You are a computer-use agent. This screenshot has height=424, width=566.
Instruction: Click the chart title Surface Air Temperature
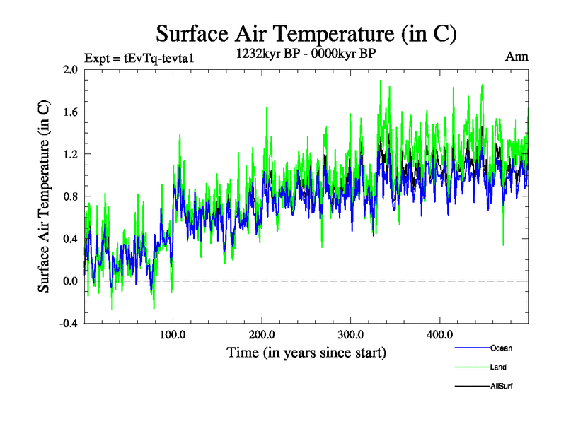pos(306,33)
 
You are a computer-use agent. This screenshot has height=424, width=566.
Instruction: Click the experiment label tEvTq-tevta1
pos(139,57)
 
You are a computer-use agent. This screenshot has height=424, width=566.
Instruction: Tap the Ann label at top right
pos(517,56)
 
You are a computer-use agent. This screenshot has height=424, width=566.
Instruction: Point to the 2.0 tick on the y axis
pos(70,70)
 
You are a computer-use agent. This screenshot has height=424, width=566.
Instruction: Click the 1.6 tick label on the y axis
pos(70,112)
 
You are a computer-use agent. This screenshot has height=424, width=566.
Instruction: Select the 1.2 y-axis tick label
pos(70,154)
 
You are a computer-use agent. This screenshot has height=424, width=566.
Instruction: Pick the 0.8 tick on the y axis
pos(70,196)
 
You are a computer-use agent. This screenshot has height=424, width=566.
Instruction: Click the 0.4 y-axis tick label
pos(70,239)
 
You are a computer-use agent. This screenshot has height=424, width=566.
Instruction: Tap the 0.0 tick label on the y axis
pos(70,281)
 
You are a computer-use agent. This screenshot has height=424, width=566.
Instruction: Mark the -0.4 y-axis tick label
pos(69,324)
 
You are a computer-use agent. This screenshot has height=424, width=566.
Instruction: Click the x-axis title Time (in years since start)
pos(306,352)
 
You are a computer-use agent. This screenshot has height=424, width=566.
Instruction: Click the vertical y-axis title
pos(44,196)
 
